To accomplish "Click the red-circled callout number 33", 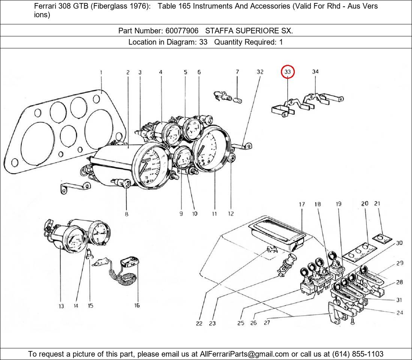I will (288, 72).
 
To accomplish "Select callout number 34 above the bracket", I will (315, 72).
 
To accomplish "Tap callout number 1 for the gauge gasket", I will (101, 72).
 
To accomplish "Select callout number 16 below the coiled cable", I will (137, 305).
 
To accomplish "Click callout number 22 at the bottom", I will (199, 323).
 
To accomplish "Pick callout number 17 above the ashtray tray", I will (302, 204).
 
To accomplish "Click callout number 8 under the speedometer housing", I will (127, 214).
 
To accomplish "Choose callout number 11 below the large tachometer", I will (214, 214).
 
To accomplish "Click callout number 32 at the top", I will (260, 72).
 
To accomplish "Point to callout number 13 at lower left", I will (61, 306).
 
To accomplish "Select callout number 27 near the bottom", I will (267, 322).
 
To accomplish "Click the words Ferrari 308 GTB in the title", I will (60, 6).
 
